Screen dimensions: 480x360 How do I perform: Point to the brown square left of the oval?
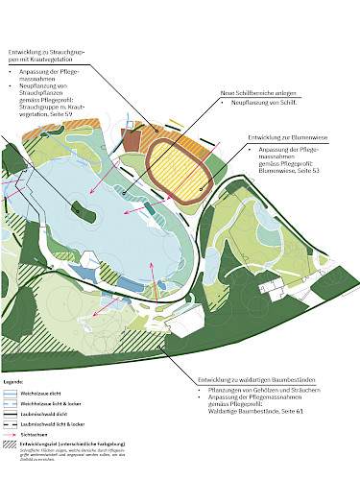(132, 141)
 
